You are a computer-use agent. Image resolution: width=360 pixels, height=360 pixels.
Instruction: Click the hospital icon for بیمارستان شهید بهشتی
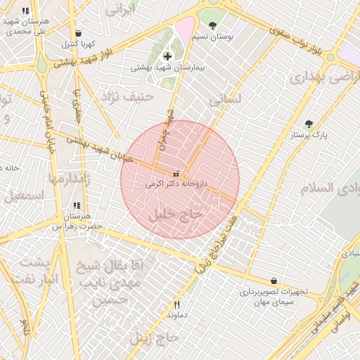click(167, 56)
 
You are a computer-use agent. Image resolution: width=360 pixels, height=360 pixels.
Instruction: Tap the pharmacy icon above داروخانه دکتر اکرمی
click(176, 173)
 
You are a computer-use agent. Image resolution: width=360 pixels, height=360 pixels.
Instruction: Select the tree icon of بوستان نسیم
click(213, 26)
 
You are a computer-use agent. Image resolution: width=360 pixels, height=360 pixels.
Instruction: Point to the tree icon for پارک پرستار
click(309, 124)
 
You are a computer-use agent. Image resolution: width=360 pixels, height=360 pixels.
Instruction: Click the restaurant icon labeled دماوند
click(177, 305)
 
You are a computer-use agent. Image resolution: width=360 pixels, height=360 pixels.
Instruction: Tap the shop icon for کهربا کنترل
click(78, 33)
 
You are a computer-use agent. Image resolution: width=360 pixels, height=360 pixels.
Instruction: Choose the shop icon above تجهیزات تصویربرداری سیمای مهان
click(273, 281)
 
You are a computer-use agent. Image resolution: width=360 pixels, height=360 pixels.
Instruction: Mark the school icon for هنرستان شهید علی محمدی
click(26, 11)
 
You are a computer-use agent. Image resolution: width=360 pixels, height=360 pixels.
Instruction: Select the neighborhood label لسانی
click(225, 100)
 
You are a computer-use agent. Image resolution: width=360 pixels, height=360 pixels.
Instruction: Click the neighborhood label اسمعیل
click(24, 197)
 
